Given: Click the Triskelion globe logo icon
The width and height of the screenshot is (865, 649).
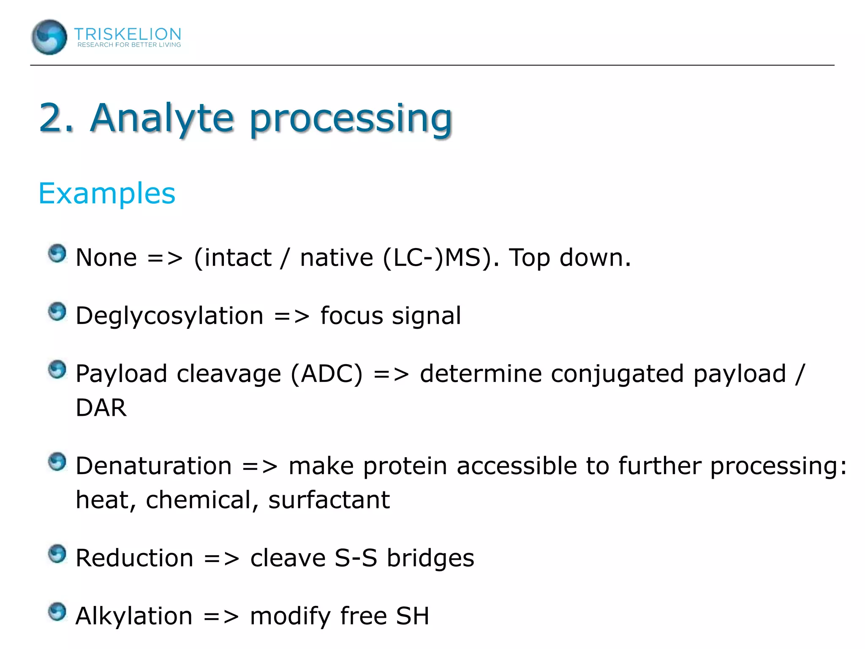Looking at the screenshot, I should point(49,37).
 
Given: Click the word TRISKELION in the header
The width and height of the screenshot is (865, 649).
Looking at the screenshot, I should point(128,34).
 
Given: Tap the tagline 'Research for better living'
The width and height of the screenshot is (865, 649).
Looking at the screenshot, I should point(129,45).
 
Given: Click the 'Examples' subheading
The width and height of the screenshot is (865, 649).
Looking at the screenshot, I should point(107,194).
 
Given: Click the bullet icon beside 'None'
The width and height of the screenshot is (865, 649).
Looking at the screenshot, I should point(57,254).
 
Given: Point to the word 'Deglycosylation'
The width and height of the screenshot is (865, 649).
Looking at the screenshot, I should point(169,316).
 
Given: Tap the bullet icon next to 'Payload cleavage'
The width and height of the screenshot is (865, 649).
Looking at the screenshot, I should point(57,370).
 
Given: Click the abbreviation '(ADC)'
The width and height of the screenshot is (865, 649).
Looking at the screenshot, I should point(326,374).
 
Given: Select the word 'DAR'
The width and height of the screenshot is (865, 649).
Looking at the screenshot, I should point(101,408).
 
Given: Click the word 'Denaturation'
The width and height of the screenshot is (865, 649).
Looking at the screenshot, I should point(154,466).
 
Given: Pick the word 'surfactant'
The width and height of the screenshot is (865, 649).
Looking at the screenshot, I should point(329,500).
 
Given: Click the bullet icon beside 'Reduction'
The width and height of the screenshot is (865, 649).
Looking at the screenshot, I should point(57,554).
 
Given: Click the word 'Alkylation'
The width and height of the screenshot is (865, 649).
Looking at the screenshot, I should point(134,616).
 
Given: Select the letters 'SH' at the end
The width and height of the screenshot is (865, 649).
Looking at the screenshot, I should point(412,616).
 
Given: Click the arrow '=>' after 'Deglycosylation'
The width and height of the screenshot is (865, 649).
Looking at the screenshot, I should point(291,316).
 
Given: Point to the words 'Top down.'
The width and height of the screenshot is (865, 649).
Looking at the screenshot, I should point(570,258).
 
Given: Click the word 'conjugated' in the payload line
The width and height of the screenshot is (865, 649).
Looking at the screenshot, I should point(617,374).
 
